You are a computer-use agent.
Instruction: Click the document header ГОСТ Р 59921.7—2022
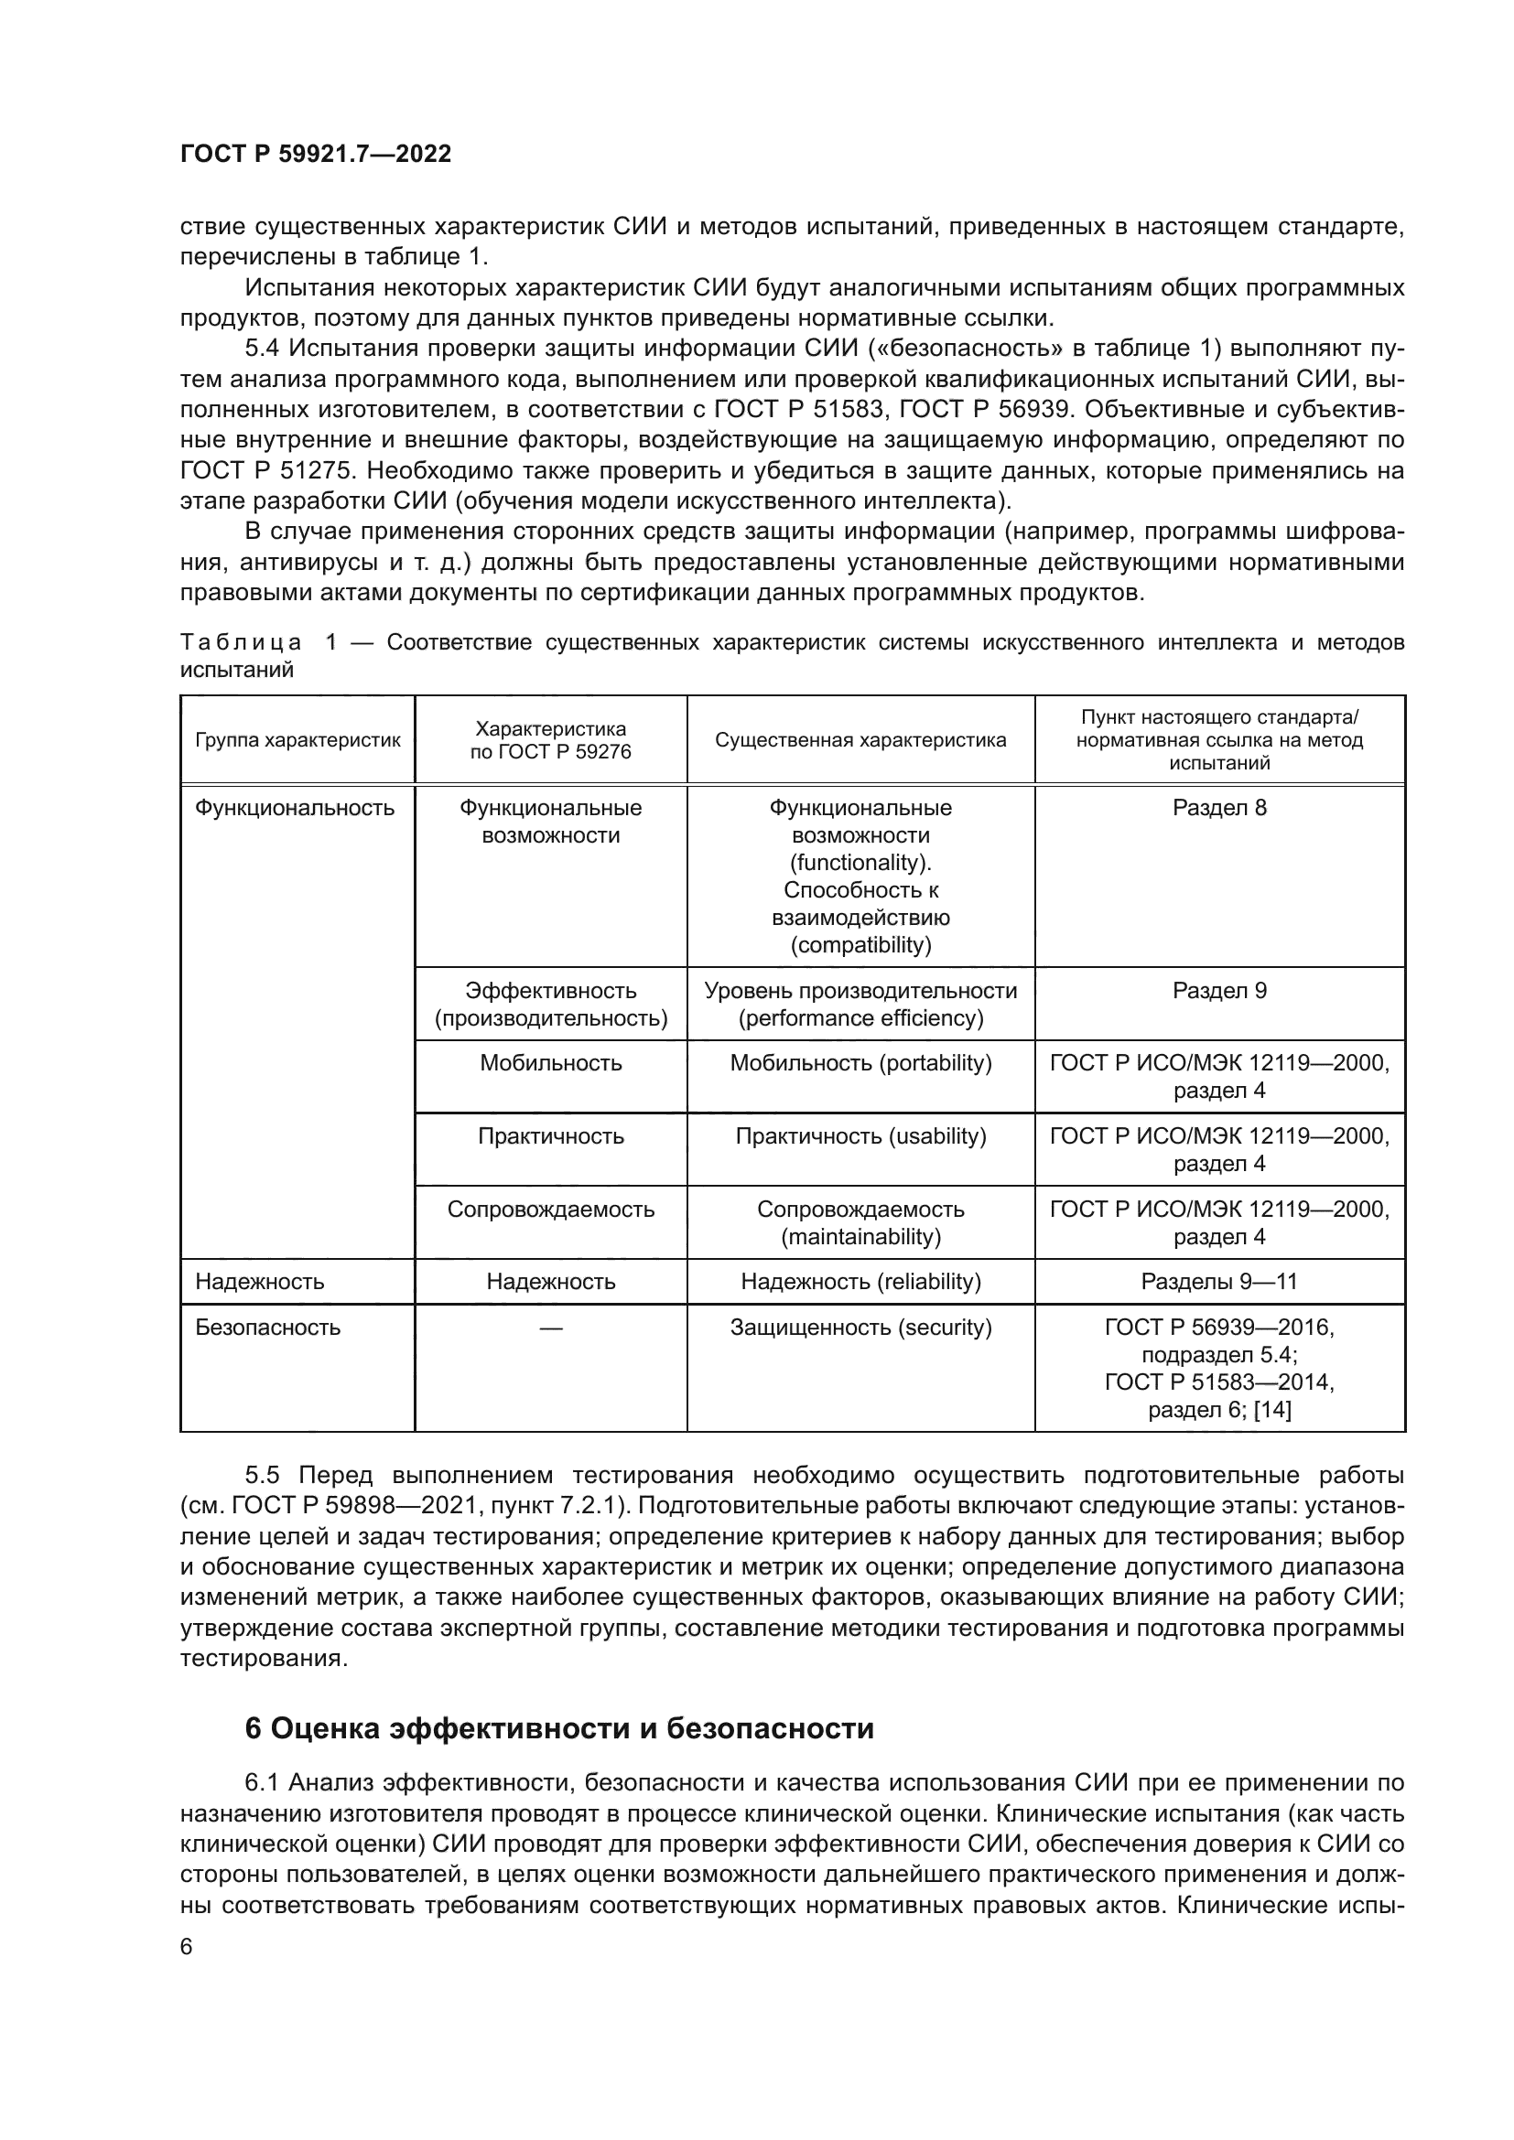[x=315, y=154]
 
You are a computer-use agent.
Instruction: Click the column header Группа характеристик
[x=297, y=740]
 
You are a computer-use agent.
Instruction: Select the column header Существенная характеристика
[x=860, y=740]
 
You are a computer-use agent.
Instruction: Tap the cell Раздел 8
[x=1218, y=808]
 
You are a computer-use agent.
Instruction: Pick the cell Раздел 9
[x=1218, y=991]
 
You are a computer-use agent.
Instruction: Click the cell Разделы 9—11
[x=1218, y=1282]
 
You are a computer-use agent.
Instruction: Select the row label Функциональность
[x=295, y=808]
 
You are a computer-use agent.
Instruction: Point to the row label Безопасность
[x=267, y=1328]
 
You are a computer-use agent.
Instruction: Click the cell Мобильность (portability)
[x=860, y=1063]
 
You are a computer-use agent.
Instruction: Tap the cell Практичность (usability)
[x=860, y=1136]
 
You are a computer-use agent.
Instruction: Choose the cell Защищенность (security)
[x=860, y=1328]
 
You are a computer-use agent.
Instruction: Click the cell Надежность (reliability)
[x=860, y=1282]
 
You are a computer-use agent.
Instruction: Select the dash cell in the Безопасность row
[x=550, y=1328]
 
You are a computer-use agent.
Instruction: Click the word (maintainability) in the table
[x=860, y=1237]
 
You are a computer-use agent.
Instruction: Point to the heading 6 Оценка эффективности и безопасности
[x=559, y=1729]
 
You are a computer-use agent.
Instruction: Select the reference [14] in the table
[x=1272, y=1410]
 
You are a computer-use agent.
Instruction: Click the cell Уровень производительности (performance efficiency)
[x=860, y=1005]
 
